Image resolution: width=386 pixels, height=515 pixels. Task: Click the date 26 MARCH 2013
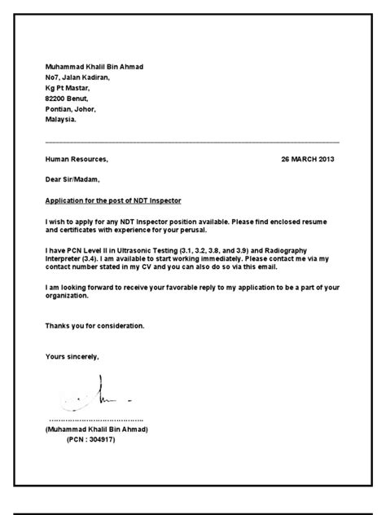[307, 159]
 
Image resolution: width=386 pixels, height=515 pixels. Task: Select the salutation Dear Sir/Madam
[73, 179]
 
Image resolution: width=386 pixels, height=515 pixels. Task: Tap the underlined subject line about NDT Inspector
[113, 200]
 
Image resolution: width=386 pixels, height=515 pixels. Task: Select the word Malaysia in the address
[61, 118]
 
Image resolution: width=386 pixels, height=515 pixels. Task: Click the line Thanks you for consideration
[95, 325]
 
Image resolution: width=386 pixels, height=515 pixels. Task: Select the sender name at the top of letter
[95, 67]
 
